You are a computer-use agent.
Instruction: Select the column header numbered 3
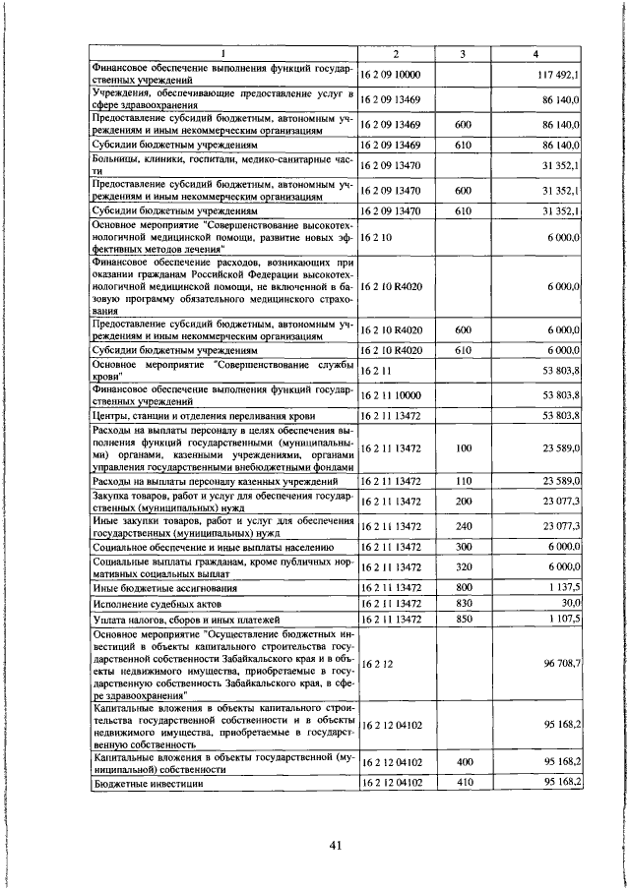[462, 53]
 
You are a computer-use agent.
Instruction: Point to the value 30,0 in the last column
[570, 603]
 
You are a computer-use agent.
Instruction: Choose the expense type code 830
[462, 603]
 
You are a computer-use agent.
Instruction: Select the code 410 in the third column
[462, 783]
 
